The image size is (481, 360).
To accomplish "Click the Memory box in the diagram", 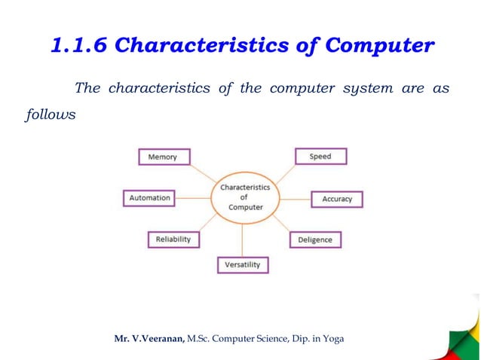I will click(164, 157).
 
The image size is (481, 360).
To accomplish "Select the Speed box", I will click(320, 157).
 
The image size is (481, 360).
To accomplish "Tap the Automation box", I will click(149, 198).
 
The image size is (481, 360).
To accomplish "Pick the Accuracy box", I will click(337, 199).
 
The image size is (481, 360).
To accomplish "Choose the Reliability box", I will click(173, 239).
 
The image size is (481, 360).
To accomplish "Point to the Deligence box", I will click(315, 239).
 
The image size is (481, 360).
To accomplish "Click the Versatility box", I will click(243, 265).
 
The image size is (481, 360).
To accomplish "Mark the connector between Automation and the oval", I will click(194, 198).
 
